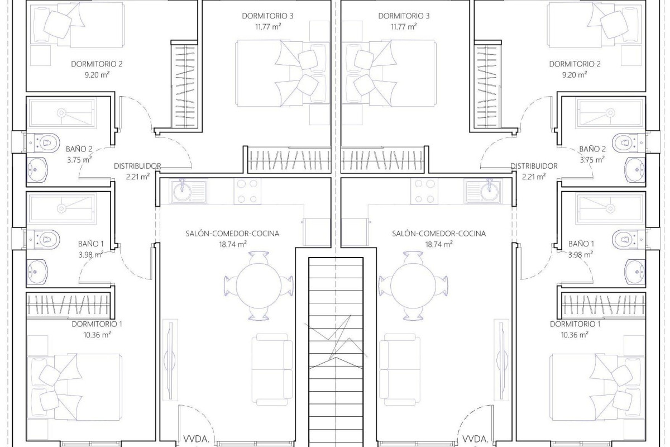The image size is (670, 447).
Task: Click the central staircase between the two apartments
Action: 336,346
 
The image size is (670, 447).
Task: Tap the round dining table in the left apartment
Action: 257,285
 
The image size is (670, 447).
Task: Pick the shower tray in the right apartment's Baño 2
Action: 610,112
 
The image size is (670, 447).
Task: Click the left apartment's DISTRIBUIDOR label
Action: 137,166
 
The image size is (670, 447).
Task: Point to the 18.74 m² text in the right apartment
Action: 438,244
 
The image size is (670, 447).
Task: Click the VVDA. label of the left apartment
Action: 195,439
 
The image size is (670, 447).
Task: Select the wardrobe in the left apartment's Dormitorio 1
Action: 70,304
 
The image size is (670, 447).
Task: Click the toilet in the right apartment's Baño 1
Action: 625,239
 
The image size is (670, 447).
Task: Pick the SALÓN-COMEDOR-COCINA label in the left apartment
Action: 232,234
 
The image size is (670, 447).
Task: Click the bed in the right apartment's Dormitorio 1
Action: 597,386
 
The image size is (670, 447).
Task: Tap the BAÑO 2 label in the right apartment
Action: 592,149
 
